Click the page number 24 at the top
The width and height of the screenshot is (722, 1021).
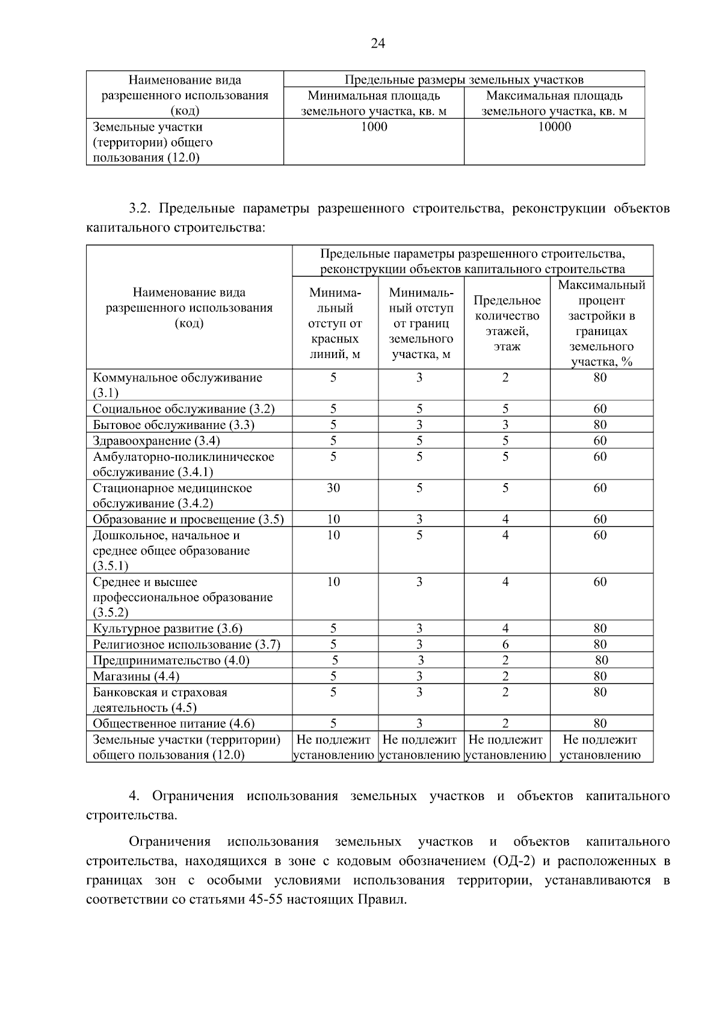tap(378, 43)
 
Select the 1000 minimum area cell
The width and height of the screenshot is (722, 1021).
tap(374, 127)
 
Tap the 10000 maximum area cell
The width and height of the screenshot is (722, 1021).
tap(554, 127)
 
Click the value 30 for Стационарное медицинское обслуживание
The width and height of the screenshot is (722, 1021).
tap(333, 488)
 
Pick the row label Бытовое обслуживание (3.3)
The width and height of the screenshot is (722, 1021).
tap(173, 425)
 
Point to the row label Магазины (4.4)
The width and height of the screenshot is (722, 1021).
tap(136, 676)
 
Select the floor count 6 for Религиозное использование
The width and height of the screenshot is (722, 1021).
tap(505, 644)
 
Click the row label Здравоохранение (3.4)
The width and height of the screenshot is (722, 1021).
tap(156, 440)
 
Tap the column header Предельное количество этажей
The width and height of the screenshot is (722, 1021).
tap(507, 323)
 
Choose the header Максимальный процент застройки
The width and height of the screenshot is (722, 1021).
tap(601, 323)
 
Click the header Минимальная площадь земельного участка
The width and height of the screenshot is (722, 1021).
tap(374, 103)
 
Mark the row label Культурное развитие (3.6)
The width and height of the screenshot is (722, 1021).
tap(167, 629)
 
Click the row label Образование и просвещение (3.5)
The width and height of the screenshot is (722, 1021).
tap(188, 519)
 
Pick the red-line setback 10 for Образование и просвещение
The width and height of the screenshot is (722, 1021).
tap(333, 519)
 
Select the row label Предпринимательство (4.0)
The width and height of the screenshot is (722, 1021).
tap(171, 661)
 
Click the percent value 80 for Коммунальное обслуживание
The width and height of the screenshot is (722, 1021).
tap(600, 378)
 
